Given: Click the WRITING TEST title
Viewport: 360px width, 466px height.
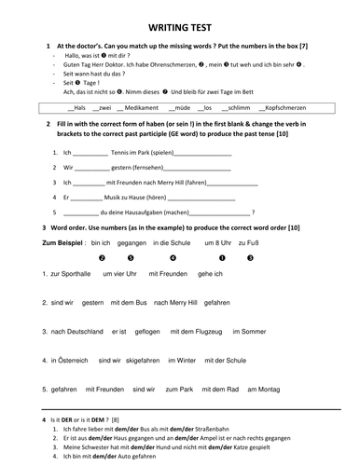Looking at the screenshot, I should pos(179,28).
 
